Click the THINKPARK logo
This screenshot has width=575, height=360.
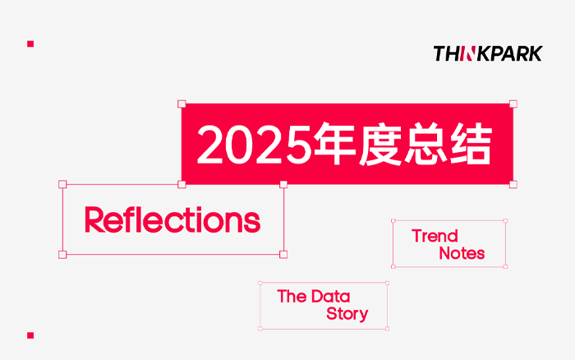pyautogui.click(x=488, y=53)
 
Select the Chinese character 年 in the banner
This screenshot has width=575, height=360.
pyautogui.click(x=332, y=145)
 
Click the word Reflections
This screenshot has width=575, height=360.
pyautogui.click(x=172, y=219)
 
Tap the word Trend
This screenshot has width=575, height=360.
pyautogui.click(x=435, y=237)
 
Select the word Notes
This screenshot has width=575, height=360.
pyautogui.click(x=462, y=254)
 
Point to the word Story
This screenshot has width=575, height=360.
pyautogui.click(x=347, y=314)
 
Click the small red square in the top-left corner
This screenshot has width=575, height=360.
pyautogui.click(x=30, y=43)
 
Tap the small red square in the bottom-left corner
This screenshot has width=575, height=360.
pyautogui.click(x=30, y=335)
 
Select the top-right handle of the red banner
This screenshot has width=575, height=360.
pyautogui.click(x=513, y=104)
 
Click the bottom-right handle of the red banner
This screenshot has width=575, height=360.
pyautogui.click(x=513, y=184)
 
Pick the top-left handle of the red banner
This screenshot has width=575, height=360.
pyautogui.click(x=182, y=104)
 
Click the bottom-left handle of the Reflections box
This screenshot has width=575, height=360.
pyautogui.click(x=62, y=254)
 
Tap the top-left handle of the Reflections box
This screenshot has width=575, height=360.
pyautogui.click(x=62, y=184)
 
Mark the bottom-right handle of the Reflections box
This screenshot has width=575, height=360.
pyautogui.click(x=283, y=254)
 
